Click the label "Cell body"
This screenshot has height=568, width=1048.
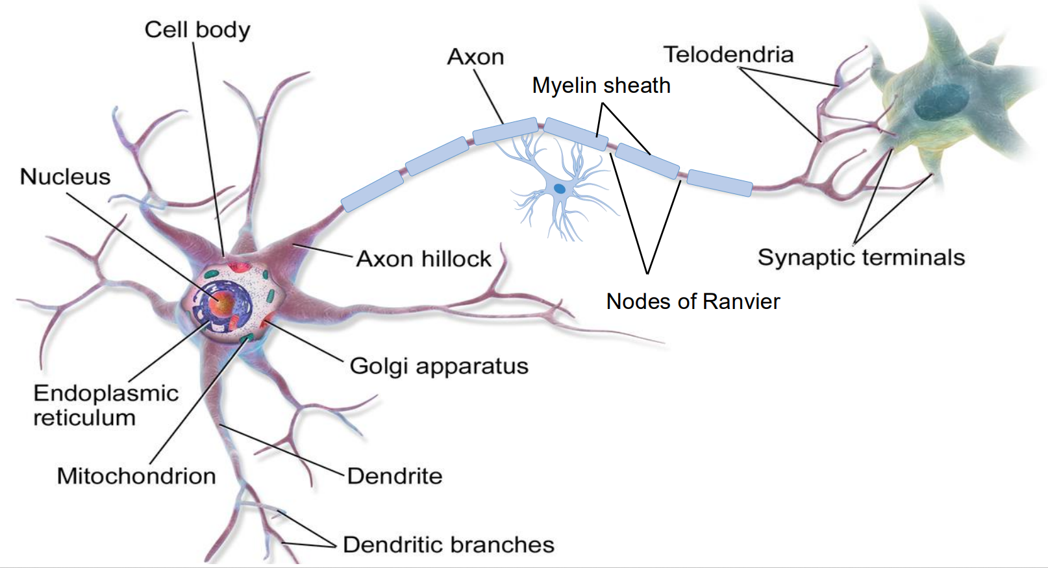coord(197,30)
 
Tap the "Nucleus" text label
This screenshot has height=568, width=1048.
coord(65,177)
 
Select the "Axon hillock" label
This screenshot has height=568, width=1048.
coord(423,259)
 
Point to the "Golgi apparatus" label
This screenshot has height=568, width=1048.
coord(439,366)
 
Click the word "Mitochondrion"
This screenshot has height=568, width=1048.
coord(136,476)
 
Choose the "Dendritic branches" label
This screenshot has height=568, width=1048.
coord(448,545)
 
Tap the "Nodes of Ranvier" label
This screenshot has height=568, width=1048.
coord(693,301)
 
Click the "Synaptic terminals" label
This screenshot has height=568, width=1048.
coord(861,258)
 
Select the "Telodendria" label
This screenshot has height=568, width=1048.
coord(728,55)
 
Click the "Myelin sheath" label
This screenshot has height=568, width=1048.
coord(601,85)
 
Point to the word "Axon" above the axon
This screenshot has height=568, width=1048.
coord(475,57)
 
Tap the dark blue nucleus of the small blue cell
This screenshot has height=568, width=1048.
coord(559,189)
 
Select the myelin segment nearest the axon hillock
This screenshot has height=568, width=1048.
coord(372,191)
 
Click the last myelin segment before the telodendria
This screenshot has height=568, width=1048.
coord(719,182)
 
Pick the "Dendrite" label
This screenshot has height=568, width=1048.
coord(395,476)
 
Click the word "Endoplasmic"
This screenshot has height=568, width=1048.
coord(106,393)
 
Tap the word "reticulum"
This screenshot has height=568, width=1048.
coord(84,418)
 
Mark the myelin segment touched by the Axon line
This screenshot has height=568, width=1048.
coord(505,130)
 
